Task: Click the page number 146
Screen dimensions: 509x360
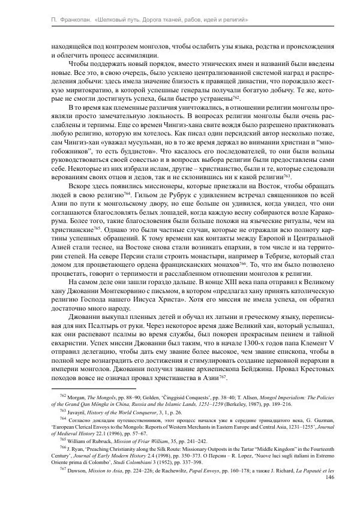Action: tap(328, 477)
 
